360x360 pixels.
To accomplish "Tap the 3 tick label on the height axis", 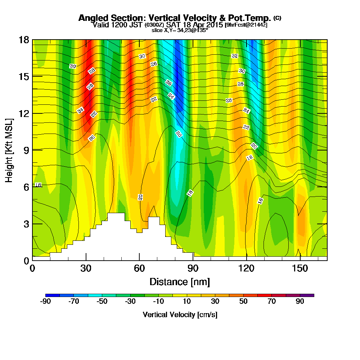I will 26,224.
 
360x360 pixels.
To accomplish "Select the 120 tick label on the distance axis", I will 246,269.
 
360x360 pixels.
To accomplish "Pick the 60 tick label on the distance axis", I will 139,269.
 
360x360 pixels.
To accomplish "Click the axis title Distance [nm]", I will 180,282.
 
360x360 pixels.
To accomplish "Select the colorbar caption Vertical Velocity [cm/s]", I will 180,315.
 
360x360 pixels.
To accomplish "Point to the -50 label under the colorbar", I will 102,302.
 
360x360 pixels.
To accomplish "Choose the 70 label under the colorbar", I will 271,302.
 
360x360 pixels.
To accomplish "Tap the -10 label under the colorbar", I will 158,302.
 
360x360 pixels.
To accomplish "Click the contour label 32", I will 235,56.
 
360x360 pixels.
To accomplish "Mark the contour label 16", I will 260,201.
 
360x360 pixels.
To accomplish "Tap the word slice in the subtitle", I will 157,31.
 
